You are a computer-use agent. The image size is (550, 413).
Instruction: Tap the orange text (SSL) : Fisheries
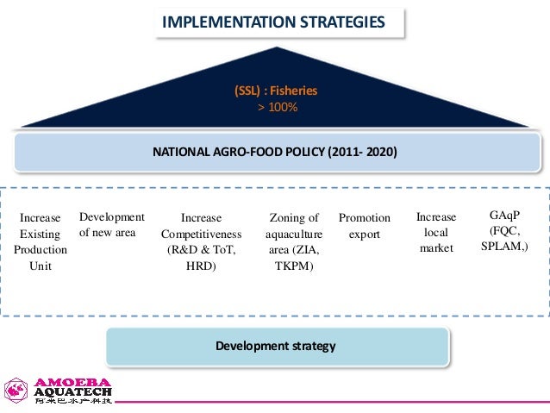[277, 91]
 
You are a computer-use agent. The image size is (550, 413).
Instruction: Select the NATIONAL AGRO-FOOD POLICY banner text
[274, 152]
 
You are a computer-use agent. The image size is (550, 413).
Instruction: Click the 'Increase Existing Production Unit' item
[41, 241]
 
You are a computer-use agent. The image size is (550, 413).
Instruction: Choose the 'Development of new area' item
[111, 225]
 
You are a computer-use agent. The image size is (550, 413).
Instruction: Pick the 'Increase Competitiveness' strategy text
[202, 234]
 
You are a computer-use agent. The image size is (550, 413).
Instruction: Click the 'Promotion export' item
[364, 226]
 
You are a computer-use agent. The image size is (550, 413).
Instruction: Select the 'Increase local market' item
[435, 233]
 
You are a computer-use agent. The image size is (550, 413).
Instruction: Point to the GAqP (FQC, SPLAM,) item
[503, 229]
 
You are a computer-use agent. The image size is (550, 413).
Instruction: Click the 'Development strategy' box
[275, 347]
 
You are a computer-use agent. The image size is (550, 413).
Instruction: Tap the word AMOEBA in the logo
[72, 383]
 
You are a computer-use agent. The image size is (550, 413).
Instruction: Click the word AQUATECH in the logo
[73, 393]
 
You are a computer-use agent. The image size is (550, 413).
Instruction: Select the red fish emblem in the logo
[17, 391]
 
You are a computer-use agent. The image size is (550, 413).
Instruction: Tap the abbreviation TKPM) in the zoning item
[294, 266]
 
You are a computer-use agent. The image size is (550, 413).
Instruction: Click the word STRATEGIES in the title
[337, 20]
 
